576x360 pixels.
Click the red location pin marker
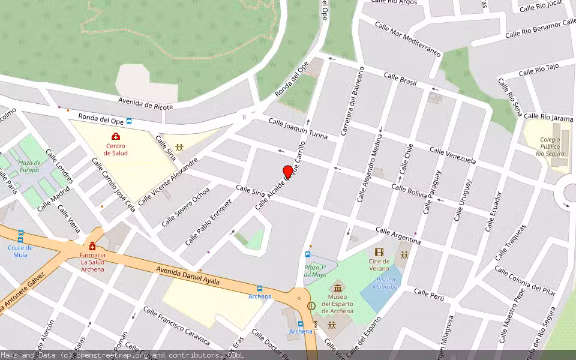(x=288, y=172)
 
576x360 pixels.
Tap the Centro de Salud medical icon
(x=116, y=137)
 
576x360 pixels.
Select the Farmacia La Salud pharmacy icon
(x=92, y=247)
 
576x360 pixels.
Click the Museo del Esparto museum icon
(x=337, y=287)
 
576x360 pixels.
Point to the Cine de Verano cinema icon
(x=379, y=253)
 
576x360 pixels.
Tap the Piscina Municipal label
(x=385, y=283)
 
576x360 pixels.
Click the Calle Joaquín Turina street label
(x=298, y=129)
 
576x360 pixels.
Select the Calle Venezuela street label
(x=453, y=155)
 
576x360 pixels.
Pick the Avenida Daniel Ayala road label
(x=188, y=277)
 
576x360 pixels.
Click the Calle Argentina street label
(x=398, y=235)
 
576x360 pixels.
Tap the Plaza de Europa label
(x=29, y=166)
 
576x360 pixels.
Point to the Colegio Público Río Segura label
(x=550, y=146)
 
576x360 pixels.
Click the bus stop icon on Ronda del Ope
(x=129, y=121)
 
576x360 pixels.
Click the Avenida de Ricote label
(x=145, y=103)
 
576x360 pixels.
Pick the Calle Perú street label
(x=429, y=294)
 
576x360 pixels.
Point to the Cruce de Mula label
(x=20, y=251)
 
